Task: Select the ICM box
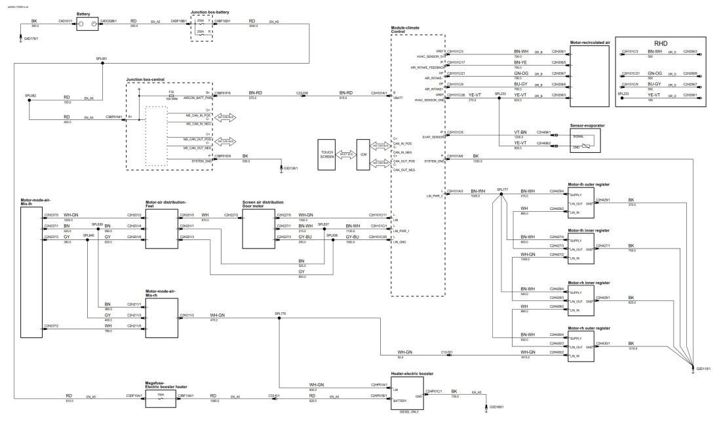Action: pos(362,155)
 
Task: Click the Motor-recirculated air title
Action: pos(590,42)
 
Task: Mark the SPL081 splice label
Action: pos(102,58)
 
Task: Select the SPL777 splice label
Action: pos(503,188)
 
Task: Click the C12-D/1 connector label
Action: pos(447,352)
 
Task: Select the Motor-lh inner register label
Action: pos(589,231)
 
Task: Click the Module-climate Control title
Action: pos(404,30)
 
